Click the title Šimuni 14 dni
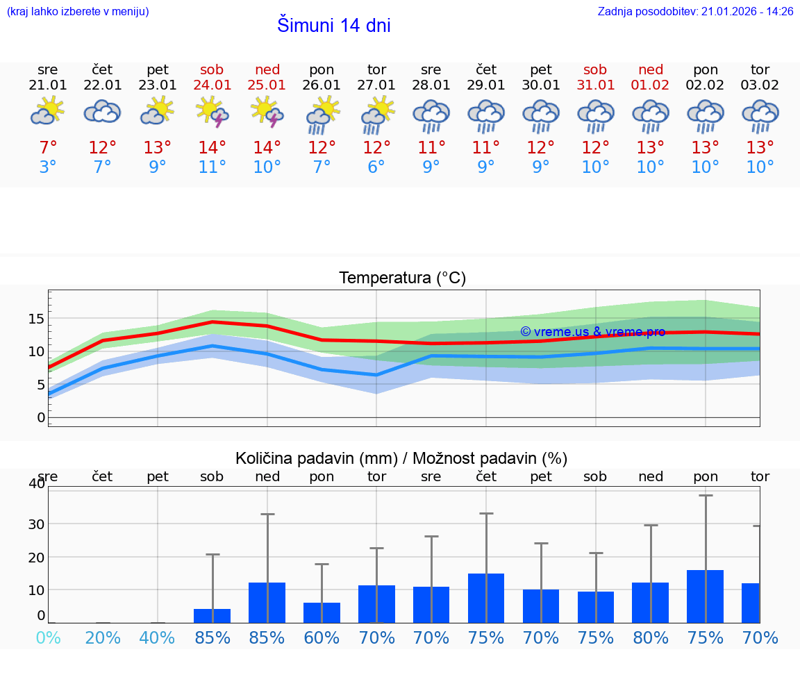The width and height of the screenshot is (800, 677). coord(333,26)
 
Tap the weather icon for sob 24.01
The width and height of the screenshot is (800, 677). coord(212,112)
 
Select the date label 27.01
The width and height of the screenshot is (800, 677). coord(376,85)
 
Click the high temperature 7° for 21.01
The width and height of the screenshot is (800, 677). coord(48,147)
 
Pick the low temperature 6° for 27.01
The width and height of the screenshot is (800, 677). coord(376,167)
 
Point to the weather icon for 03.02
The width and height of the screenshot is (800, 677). coord(760,115)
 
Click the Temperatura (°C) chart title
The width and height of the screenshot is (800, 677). coord(402,278)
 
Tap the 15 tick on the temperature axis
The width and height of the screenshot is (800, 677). coord(36,319)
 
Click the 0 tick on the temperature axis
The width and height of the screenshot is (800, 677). coord(40,417)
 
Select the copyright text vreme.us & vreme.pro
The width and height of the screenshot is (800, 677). coord(592,332)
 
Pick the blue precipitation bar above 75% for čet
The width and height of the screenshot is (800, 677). coord(486,598)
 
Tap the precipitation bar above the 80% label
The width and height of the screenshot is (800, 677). coord(651,602)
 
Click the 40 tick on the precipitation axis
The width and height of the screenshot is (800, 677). coord(37,483)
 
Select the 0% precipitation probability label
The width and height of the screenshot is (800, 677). coord(48,637)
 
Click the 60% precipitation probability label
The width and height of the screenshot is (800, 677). coord(322,637)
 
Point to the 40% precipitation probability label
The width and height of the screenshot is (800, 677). coord(158,637)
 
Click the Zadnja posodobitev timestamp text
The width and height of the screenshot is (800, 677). coord(695,11)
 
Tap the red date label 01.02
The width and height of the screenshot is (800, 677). coord(651,85)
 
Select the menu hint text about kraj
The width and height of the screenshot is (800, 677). coord(78,11)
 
